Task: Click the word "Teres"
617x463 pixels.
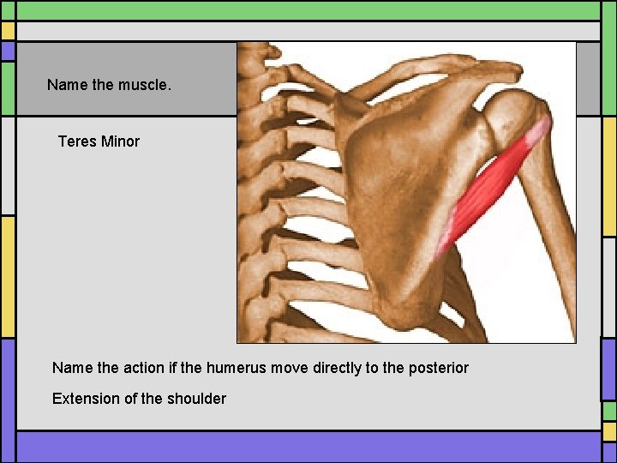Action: (x=76, y=141)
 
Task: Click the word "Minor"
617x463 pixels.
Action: (x=120, y=141)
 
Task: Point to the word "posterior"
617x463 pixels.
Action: (x=438, y=368)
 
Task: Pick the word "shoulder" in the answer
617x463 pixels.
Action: (x=197, y=399)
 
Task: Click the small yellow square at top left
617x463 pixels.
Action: (x=8, y=31)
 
